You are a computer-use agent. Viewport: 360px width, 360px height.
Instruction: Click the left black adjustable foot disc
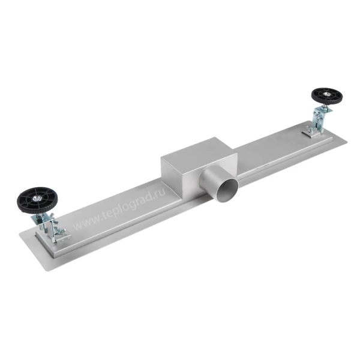coord(37,200)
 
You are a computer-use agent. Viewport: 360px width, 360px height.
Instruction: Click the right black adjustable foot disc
coord(327,95)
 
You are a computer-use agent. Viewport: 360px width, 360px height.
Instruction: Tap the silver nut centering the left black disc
coord(36,198)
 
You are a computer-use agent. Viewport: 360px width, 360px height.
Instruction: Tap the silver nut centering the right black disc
coord(326,94)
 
